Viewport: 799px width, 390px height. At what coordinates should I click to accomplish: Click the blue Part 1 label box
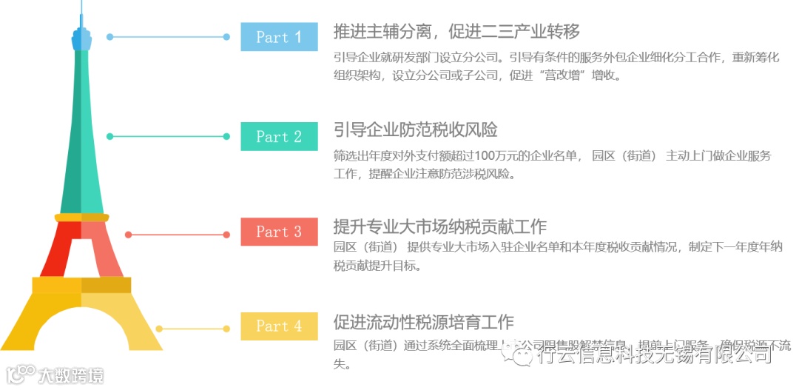(279, 37)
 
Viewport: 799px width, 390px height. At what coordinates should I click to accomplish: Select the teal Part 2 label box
(279, 136)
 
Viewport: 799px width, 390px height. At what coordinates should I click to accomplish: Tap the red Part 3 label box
(279, 232)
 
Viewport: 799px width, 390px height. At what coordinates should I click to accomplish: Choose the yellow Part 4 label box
(279, 326)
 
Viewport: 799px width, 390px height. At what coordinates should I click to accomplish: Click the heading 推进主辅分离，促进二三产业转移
(456, 32)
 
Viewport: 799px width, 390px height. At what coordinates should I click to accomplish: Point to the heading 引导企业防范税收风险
(416, 130)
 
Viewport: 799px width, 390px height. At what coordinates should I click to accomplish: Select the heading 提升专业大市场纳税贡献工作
(440, 226)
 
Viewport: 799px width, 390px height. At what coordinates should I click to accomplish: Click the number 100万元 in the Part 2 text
(485, 155)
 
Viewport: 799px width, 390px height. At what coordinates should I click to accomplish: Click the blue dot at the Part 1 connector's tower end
(109, 36)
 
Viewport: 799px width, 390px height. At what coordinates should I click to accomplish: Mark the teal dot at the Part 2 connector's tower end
(110, 136)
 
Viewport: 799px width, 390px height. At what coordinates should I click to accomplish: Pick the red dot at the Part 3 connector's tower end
(129, 235)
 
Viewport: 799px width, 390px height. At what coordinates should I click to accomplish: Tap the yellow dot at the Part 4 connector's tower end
(159, 329)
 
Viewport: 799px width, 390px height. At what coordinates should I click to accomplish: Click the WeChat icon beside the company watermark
(523, 355)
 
